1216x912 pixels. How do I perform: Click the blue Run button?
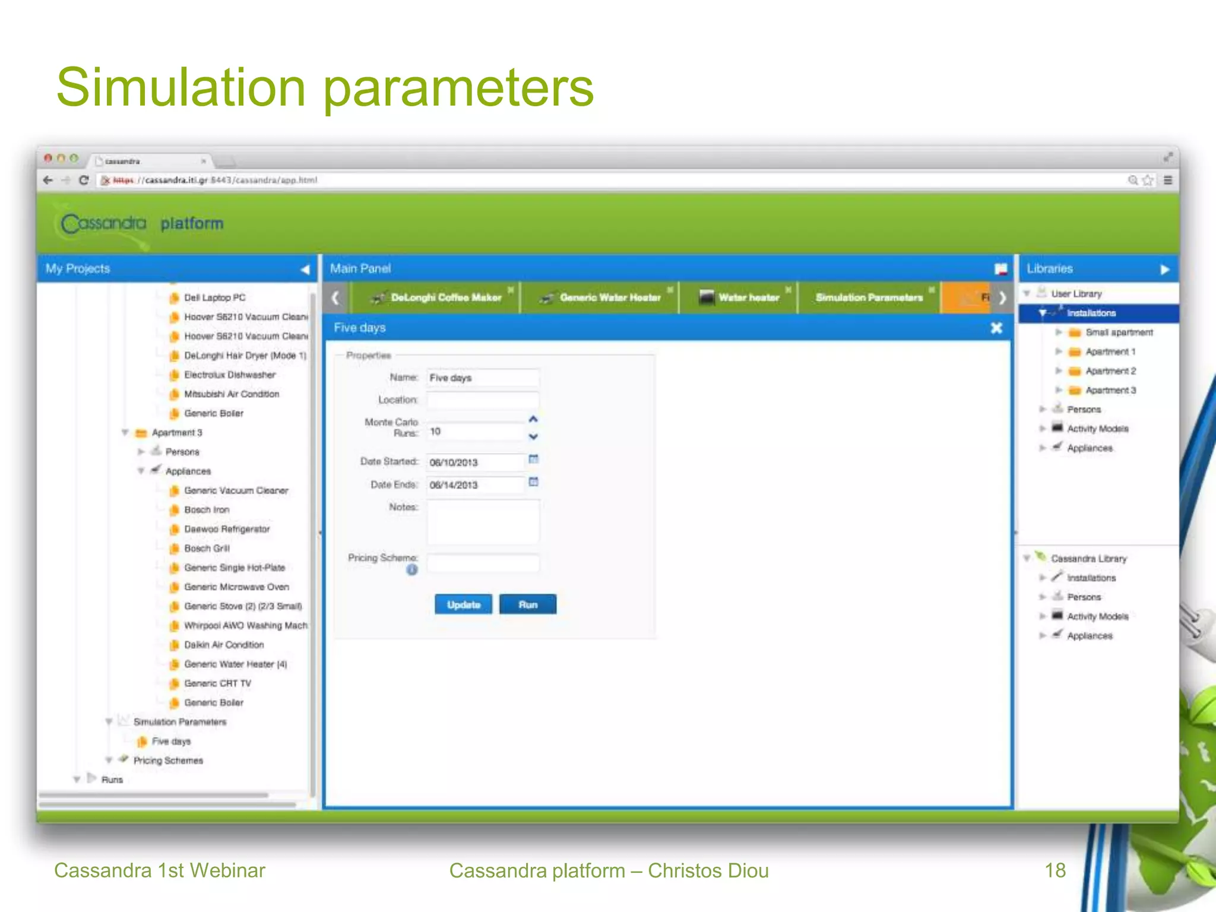[527, 604]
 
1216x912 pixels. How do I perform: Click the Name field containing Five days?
[482, 378]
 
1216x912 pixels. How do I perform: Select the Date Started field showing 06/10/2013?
[475, 462]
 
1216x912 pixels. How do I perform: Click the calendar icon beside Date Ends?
[533, 482]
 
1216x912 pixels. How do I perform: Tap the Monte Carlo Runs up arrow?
[533, 419]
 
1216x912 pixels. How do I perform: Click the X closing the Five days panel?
[996, 328]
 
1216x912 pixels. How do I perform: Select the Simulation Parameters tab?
[869, 297]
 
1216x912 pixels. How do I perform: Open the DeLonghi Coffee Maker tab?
[445, 297]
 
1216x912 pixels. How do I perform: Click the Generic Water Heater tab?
[610, 297]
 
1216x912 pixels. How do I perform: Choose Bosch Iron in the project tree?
[207, 509]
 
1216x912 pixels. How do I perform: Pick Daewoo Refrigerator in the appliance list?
[227, 529]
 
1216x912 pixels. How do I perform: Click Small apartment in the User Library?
[1119, 332]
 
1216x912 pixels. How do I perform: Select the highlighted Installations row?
[1091, 313]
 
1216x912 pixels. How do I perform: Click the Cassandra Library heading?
[1088, 559]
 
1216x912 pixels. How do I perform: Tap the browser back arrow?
[48, 180]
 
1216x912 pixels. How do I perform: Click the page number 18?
[1055, 870]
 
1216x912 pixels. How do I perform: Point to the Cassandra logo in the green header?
[104, 224]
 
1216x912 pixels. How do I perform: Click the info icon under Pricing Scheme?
[412, 570]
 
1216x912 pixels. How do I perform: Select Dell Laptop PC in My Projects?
[214, 297]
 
